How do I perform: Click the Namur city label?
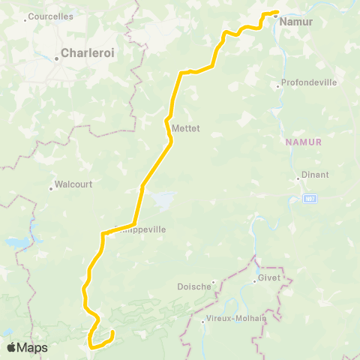295,22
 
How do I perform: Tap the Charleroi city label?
88,53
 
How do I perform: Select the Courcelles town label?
51,16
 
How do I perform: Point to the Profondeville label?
309,82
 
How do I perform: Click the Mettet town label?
186,128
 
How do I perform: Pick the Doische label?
195,286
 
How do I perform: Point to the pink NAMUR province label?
304,141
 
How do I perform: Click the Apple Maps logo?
27,347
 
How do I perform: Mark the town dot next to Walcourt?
52,187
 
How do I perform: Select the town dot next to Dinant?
297,179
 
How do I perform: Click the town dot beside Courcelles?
25,19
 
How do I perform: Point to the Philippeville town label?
140,229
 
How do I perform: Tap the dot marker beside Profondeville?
277,86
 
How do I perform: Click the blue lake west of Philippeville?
19,244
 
